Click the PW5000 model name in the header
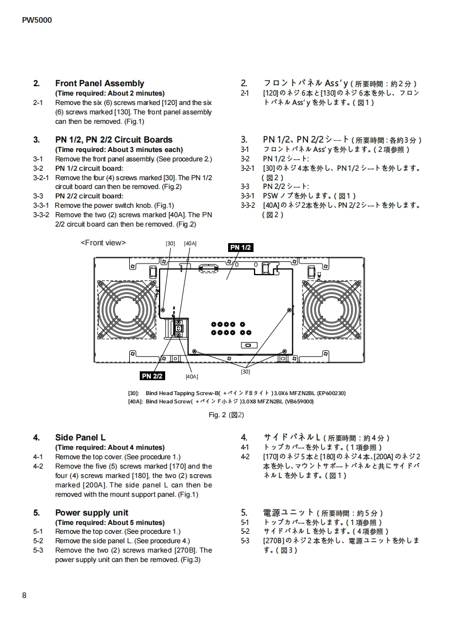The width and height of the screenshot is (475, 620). (x=37, y=20)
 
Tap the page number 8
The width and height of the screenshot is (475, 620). (x=24, y=595)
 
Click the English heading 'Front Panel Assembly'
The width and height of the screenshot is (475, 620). (x=99, y=83)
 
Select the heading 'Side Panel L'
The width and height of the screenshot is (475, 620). (x=80, y=438)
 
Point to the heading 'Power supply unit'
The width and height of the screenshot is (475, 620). (x=92, y=513)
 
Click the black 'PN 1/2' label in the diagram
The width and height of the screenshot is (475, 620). (x=241, y=248)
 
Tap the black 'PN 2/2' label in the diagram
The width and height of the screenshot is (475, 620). (x=152, y=376)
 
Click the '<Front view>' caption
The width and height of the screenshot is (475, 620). (x=103, y=243)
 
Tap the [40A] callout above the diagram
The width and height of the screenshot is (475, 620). (x=190, y=243)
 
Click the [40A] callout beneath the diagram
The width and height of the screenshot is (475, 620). (x=192, y=377)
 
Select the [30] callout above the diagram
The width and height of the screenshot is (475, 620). (x=170, y=243)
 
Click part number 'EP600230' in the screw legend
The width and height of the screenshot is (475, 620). (x=331, y=393)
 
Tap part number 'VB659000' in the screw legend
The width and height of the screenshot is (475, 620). (x=299, y=401)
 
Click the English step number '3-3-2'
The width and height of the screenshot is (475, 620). (x=41, y=215)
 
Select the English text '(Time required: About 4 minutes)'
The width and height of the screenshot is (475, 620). (x=110, y=448)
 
